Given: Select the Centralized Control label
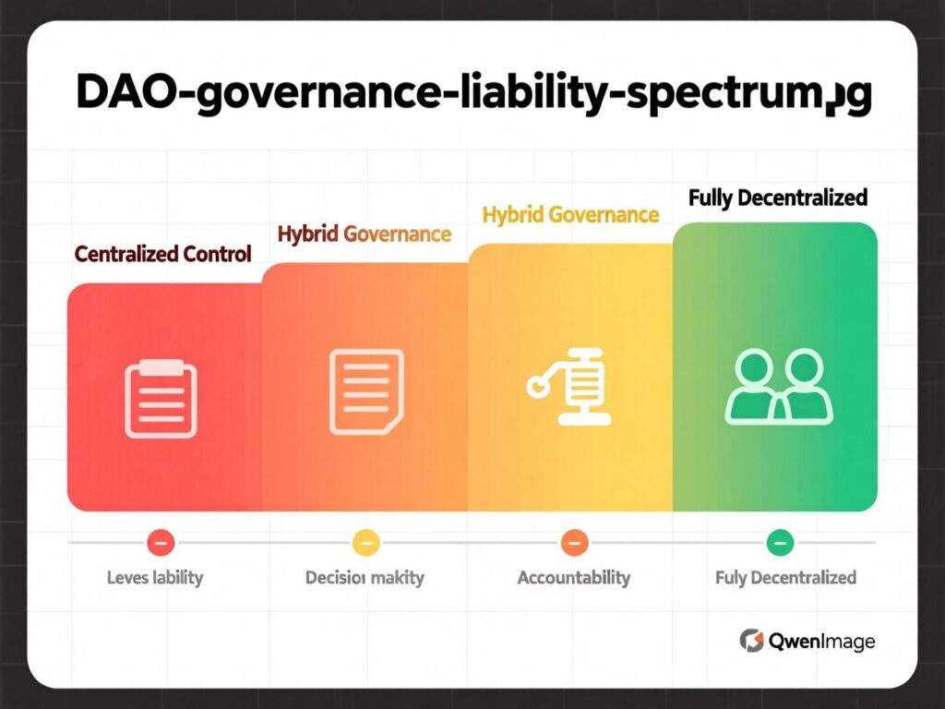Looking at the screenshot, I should pyautogui.click(x=162, y=254).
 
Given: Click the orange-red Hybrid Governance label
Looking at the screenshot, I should pyautogui.click(x=364, y=234).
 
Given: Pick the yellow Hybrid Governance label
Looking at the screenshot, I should pyautogui.click(x=570, y=215).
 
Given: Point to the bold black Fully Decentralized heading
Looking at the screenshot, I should pyautogui.click(x=777, y=197).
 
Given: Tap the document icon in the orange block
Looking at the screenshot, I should pyautogui.click(x=365, y=392).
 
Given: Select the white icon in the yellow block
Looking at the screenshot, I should pyautogui.click(x=568, y=389).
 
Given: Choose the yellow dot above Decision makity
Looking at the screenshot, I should pyautogui.click(x=365, y=543).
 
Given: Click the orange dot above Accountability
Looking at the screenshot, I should pyautogui.click(x=573, y=543).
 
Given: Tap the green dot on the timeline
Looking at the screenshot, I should pyautogui.click(x=779, y=543).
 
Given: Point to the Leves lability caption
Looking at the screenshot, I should pyautogui.click(x=154, y=578).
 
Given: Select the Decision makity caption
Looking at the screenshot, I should pyautogui.click(x=365, y=578).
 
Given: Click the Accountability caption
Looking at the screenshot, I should pyautogui.click(x=573, y=578).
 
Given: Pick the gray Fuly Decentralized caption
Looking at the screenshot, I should pyautogui.click(x=785, y=578).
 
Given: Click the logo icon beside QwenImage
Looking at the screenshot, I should pyautogui.click(x=752, y=640).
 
